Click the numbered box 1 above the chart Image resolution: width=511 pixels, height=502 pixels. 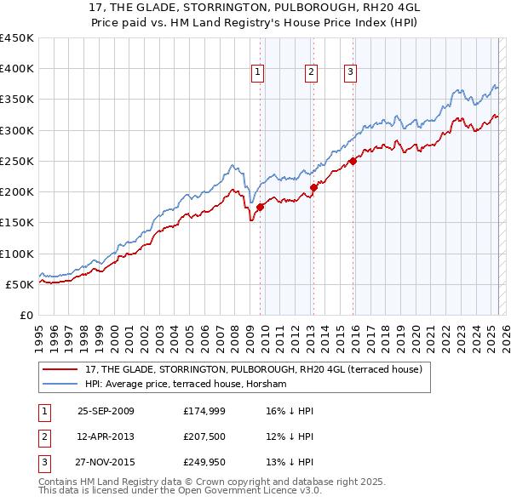(257, 73)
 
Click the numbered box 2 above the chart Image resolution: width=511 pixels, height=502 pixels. (312, 73)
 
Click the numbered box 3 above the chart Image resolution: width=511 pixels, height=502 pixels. (350, 73)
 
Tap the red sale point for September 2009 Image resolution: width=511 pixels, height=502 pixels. (260, 207)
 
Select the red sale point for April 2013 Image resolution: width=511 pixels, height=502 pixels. (313, 187)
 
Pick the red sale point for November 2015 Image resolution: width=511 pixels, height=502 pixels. (353, 161)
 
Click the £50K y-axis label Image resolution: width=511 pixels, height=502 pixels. (20, 284)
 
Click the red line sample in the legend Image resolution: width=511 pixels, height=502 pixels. (60, 369)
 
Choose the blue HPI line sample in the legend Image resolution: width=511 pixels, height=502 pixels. (60, 384)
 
